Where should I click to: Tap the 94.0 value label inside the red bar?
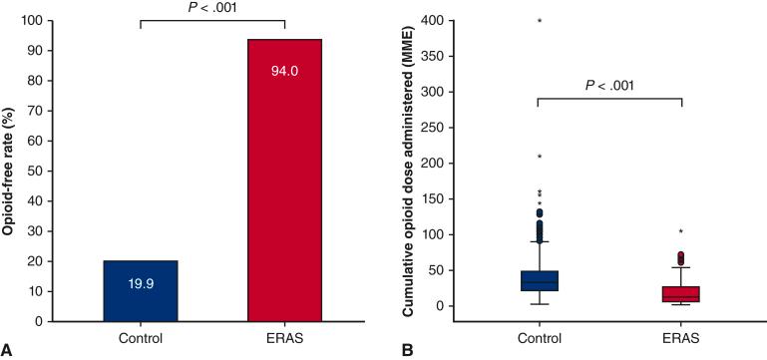pos(285,71)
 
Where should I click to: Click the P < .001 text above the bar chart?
pos(212,9)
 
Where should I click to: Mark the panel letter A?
pos(7,350)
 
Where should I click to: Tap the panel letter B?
pos(406,350)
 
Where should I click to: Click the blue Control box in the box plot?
pos(540,281)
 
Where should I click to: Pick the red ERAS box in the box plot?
pos(681,294)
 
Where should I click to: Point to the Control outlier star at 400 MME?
pos(540,21)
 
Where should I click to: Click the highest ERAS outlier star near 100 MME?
pos(681,232)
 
